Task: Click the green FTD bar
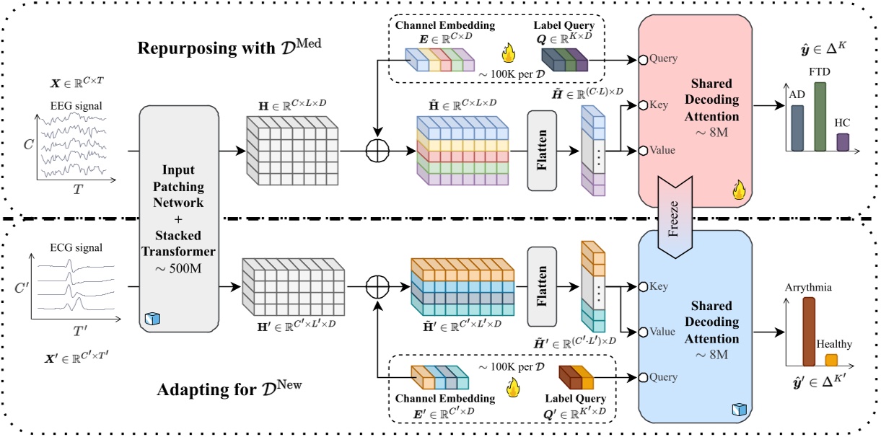(819, 116)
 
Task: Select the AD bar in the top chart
(797, 128)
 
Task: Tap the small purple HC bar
(842, 141)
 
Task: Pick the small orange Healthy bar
(831, 359)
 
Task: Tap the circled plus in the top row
(377, 152)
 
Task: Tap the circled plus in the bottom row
(377, 285)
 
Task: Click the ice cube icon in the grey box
(151, 319)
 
